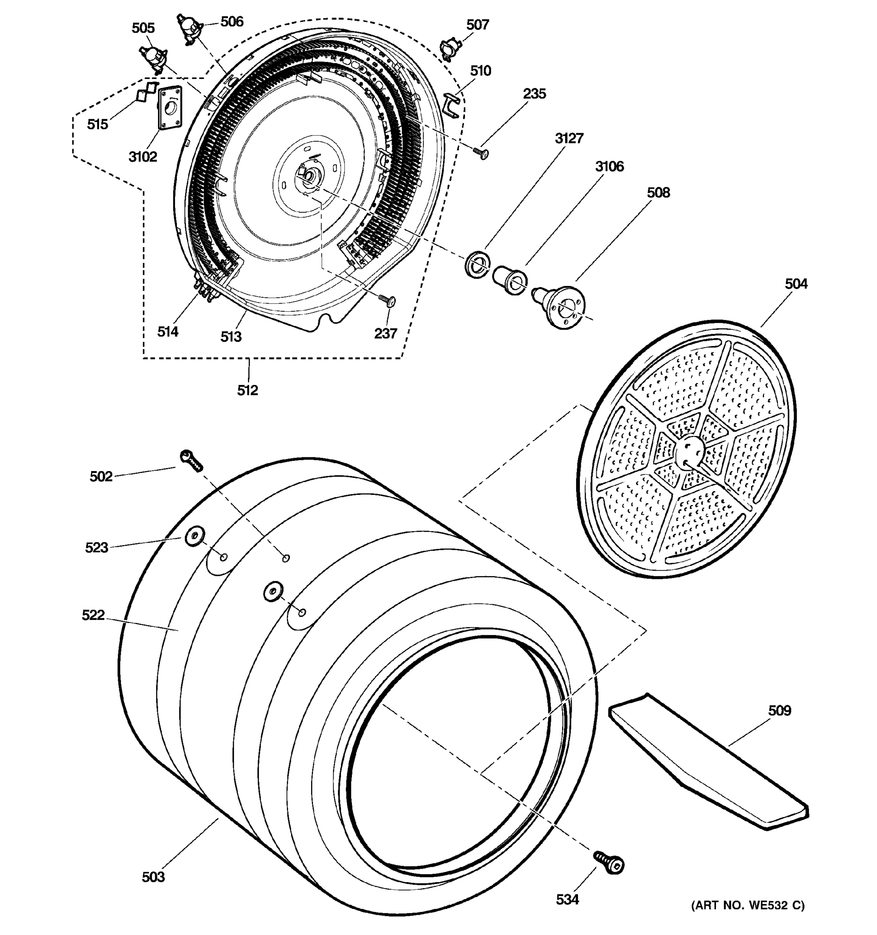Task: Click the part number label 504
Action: pos(796,284)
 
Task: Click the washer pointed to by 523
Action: pos(194,536)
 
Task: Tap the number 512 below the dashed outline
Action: pos(248,390)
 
